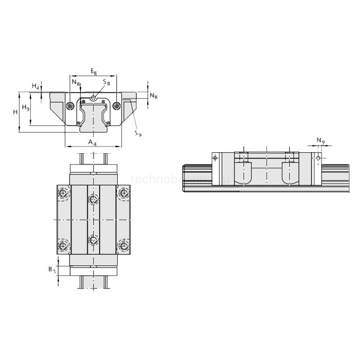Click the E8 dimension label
[x=93, y=71]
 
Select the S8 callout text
[x=106, y=82]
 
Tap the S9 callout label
[x=137, y=133]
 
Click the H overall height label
[x=16, y=112]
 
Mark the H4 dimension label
[x=34, y=86]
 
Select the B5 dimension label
[x=50, y=269]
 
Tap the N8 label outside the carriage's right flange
[x=153, y=96]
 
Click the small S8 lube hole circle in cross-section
[x=93, y=98]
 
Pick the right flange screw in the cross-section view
[x=117, y=106]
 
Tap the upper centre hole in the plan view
[x=93, y=199]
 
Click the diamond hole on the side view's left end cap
[x=215, y=157]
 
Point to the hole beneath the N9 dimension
[x=318, y=157]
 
